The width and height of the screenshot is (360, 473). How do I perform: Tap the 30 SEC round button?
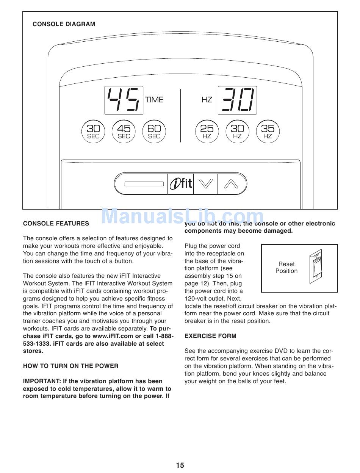(93, 132)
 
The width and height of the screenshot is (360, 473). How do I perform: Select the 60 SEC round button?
(154, 132)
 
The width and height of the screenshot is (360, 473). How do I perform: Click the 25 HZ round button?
(207, 132)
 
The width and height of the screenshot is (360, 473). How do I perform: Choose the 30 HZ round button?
(237, 132)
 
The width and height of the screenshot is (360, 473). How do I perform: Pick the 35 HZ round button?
(268, 132)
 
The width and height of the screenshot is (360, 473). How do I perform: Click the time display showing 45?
(124, 100)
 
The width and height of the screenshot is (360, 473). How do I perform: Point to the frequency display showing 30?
(237, 100)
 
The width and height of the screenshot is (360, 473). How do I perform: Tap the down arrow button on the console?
(206, 184)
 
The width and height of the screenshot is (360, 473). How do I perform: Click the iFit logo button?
(180, 184)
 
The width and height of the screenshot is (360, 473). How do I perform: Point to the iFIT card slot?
(144, 184)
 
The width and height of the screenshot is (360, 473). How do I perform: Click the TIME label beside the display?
(154, 100)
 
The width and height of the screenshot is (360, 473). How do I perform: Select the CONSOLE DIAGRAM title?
(64, 24)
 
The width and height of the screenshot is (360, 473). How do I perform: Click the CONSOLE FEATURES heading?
(56, 224)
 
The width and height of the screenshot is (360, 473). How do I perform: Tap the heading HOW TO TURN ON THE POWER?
(70, 366)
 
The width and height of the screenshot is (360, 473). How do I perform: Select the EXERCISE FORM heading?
(210, 336)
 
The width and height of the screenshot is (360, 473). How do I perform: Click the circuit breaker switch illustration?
(315, 268)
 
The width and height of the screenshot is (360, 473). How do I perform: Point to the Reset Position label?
(286, 268)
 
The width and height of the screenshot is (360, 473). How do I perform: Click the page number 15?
(180, 465)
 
